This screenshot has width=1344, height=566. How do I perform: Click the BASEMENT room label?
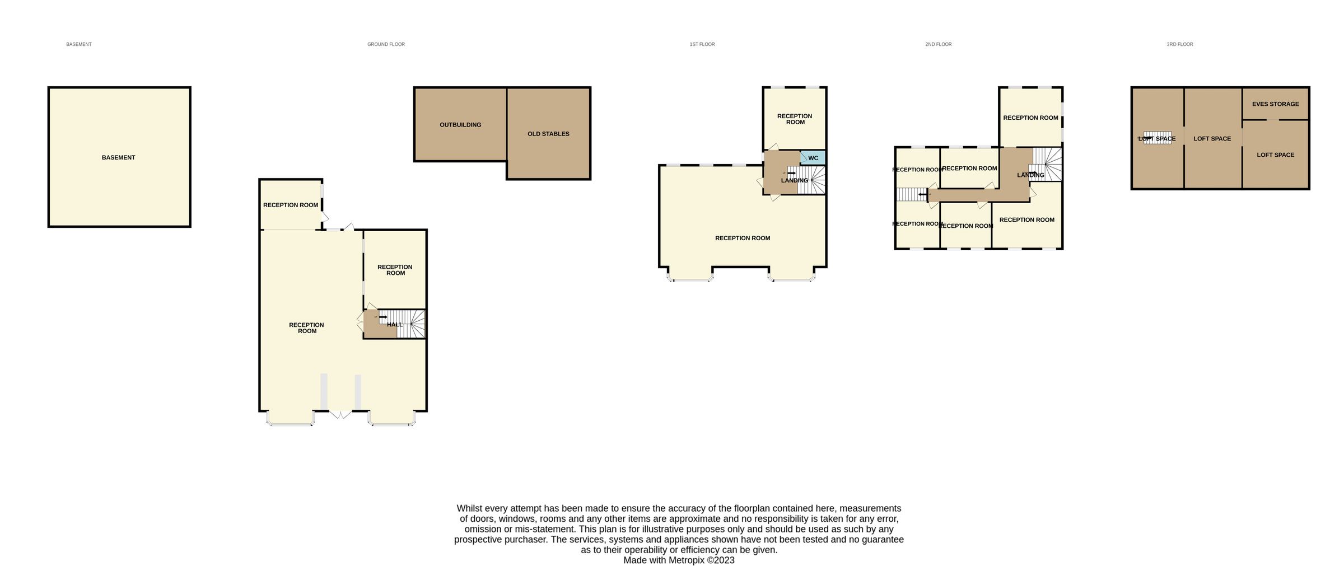pyautogui.click(x=118, y=157)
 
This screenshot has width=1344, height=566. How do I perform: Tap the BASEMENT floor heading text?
pyautogui.click(x=79, y=44)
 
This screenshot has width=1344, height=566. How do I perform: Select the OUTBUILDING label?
pyautogui.click(x=460, y=125)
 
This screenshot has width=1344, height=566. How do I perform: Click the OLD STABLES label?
pyautogui.click(x=548, y=134)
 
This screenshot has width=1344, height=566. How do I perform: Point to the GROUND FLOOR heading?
pyautogui.click(x=386, y=44)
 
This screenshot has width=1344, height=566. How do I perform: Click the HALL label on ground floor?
pyautogui.click(x=394, y=325)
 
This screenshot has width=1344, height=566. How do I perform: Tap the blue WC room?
pyautogui.click(x=813, y=158)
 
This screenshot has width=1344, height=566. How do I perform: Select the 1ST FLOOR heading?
pyautogui.click(x=702, y=44)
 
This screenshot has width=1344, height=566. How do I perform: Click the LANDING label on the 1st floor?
pyautogui.click(x=794, y=180)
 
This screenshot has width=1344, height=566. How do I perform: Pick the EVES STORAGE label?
pyautogui.click(x=1275, y=104)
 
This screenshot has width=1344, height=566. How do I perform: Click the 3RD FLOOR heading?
pyautogui.click(x=1179, y=44)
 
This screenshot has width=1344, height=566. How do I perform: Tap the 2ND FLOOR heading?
pyautogui.click(x=938, y=44)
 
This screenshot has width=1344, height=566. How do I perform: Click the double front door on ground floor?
pyautogui.click(x=340, y=414)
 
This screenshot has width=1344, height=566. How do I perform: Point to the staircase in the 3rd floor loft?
pyautogui.click(x=1157, y=138)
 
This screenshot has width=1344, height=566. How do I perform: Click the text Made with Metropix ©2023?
pyautogui.click(x=679, y=560)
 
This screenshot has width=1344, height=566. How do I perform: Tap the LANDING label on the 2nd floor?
pyautogui.click(x=1030, y=175)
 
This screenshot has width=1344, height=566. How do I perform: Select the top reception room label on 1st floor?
pyautogui.click(x=794, y=119)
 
